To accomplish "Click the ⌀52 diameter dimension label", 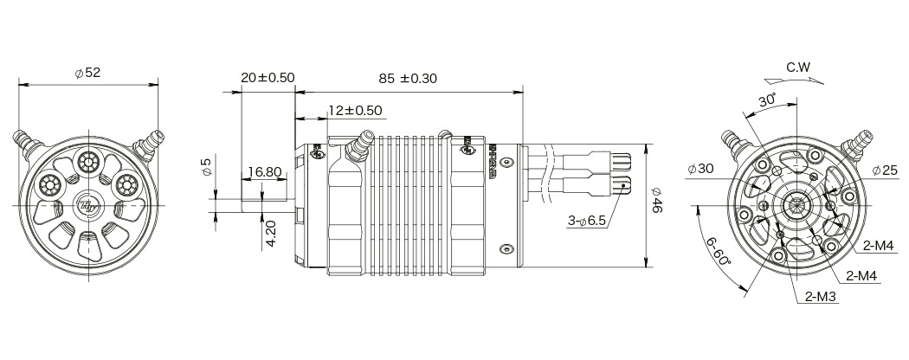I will [88, 74].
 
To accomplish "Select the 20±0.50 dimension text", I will [268, 78].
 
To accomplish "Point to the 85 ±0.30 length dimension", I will [408, 78].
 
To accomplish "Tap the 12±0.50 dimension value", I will [356, 111].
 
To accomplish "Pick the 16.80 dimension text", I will [262, 172].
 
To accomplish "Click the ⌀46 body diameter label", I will [656, 204].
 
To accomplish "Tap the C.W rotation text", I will [799, 67].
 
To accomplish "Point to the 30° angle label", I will [768, 100].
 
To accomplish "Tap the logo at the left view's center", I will [88, 204].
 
